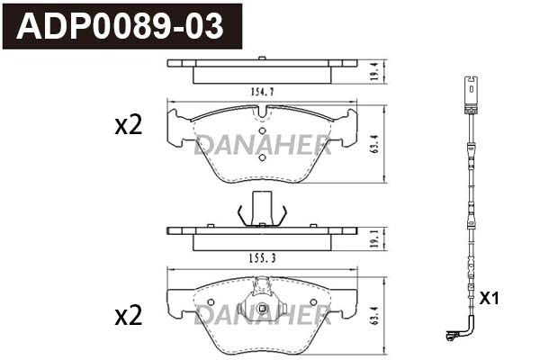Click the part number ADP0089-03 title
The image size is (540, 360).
click(x=120, y=26)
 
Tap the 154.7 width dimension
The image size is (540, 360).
click(x=263, y=92)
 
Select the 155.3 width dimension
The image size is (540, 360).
click(x=263, y=258)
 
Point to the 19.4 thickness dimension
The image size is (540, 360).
click(x=374, y=71)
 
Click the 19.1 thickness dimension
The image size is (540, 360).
click(x=374, y=238)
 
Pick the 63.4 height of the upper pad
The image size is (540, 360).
click(x=374, y=144)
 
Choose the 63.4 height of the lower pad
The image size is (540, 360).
click(x=374, y=315)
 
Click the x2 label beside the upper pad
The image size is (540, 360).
click(x=129, y=125)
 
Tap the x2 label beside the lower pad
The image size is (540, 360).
click(x=129, y=315)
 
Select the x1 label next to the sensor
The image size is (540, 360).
click(x=490, y=298)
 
